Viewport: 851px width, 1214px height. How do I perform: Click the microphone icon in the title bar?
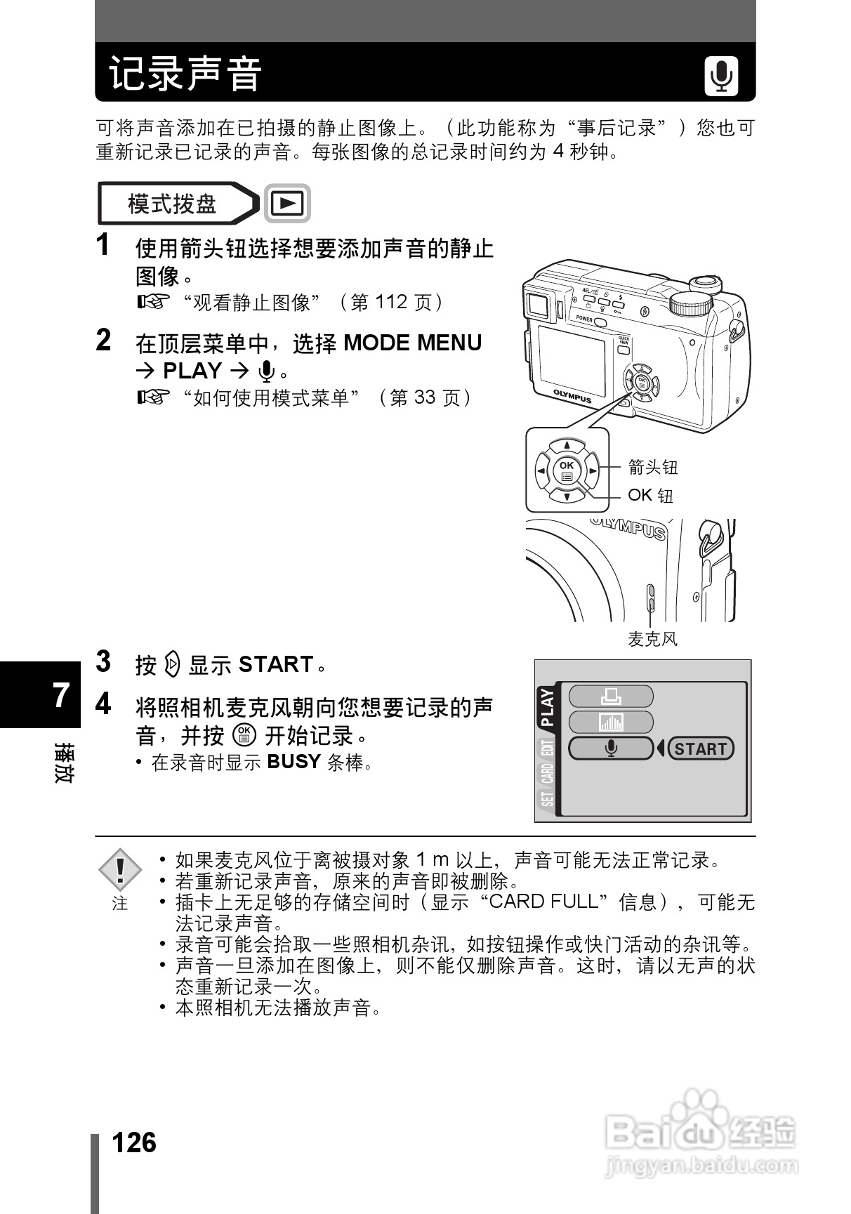point(721,77)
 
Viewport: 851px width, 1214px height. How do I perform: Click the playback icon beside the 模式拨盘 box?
point(287,204)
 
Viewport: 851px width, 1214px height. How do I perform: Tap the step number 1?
point(103,245)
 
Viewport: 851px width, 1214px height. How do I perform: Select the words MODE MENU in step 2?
point(413,343)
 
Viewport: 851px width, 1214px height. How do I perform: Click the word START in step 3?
point(276,664)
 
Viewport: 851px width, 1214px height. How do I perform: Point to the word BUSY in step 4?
point(293,762)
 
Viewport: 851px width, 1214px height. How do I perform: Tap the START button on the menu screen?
point(700,748)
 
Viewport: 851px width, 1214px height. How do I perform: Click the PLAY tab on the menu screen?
point(547,706)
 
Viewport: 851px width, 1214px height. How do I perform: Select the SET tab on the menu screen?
point(547,799)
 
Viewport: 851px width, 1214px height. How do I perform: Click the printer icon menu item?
point(610,697)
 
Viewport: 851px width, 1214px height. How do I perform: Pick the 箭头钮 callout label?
point(653,467)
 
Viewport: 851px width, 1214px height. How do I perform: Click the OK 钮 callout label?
point(650,496)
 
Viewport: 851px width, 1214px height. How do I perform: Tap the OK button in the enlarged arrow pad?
point(567,470)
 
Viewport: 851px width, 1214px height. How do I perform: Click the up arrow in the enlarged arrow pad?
point(567,445)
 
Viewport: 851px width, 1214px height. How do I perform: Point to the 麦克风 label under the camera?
point(652,639)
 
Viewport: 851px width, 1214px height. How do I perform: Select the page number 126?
point(133,1143)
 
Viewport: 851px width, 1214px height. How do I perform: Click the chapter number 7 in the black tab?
point(61,695)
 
